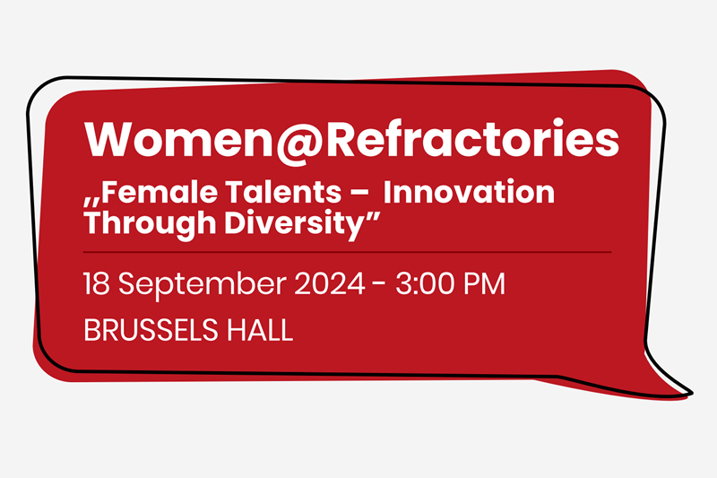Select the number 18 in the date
click(x=96, y=284)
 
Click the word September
click(x=205, y=286)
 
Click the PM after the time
click(x=485, y=284)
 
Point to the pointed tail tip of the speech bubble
click(x=691, y=393)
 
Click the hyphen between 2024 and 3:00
click(x=381, y=286)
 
